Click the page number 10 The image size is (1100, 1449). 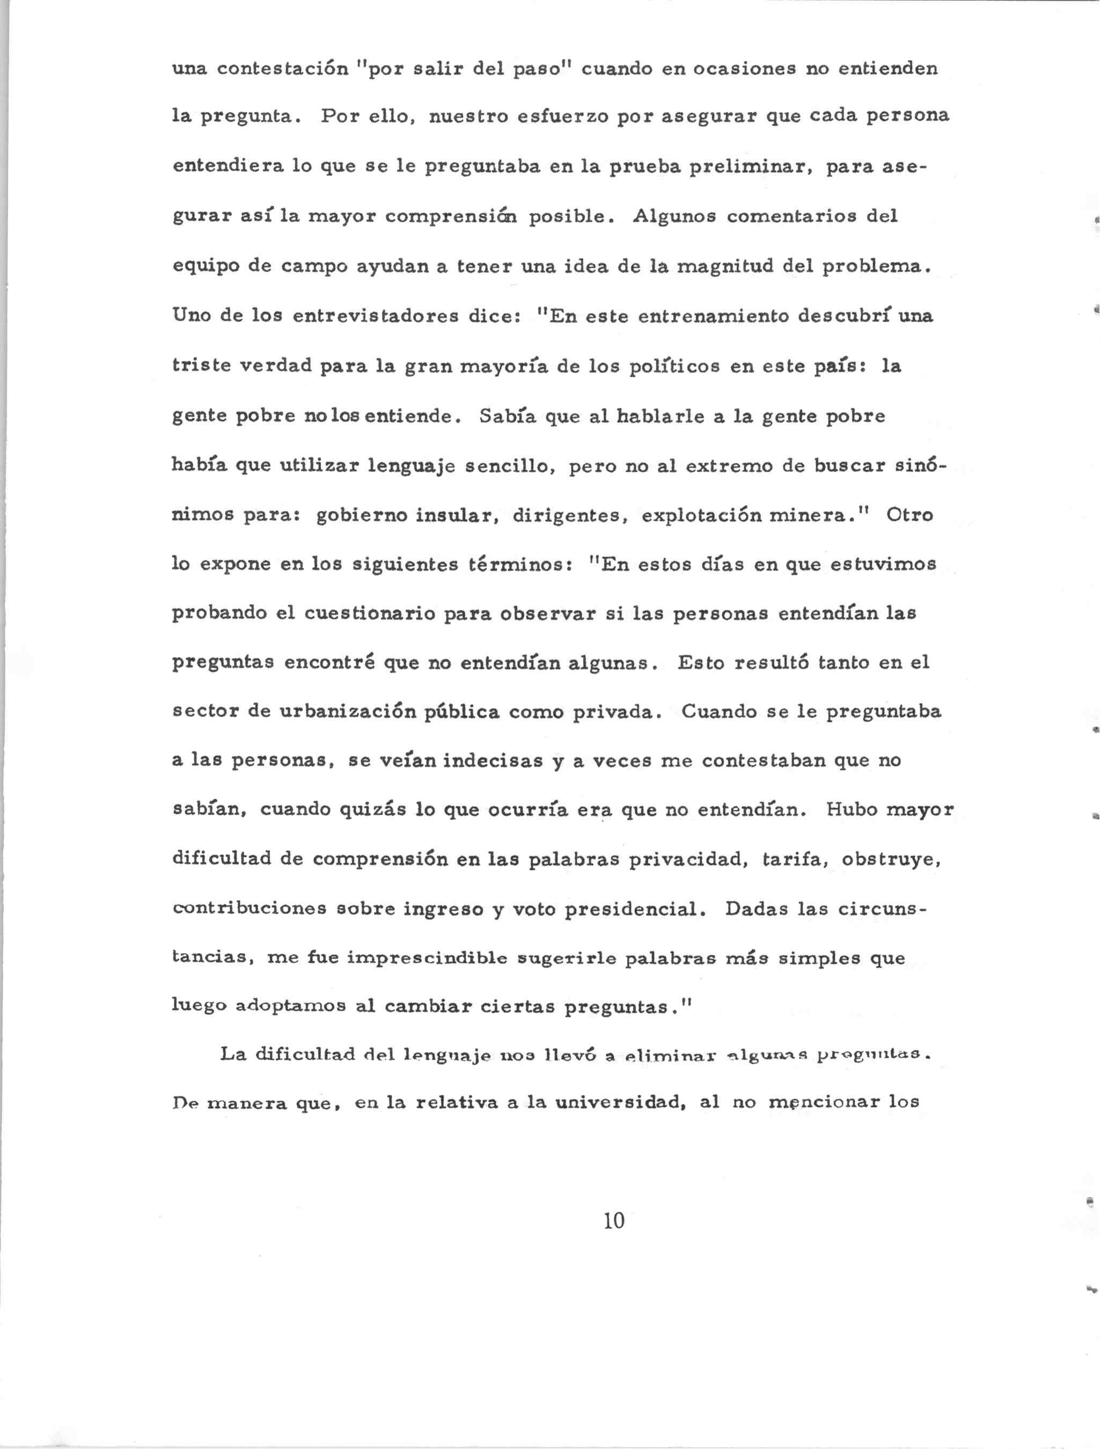pyautogui.click(x=614, y=1220)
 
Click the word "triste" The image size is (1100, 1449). pyautogui.click(x=202, y=365)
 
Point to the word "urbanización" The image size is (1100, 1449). pyautogui.click(x=349, y=712)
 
